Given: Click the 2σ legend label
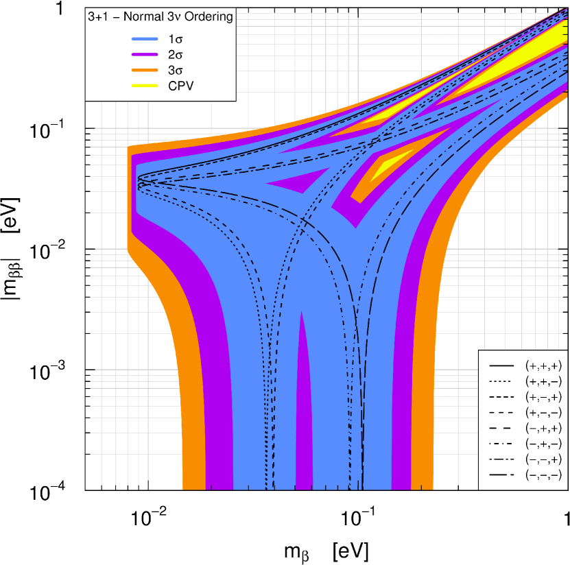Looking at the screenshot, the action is pyautogui.click(x=176, y=54).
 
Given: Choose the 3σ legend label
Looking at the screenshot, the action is pyautogui.click(x=176, y=70).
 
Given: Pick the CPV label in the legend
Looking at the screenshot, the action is pyautogui.click(x=181, y=86).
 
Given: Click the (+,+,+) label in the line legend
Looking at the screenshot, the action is pyautogui.click(x=543, y=365).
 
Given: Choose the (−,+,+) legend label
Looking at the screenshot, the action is pyautogui.click(x=543, y=428).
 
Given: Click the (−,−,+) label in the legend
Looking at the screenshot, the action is pyautogui.click(x=543, y=459).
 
